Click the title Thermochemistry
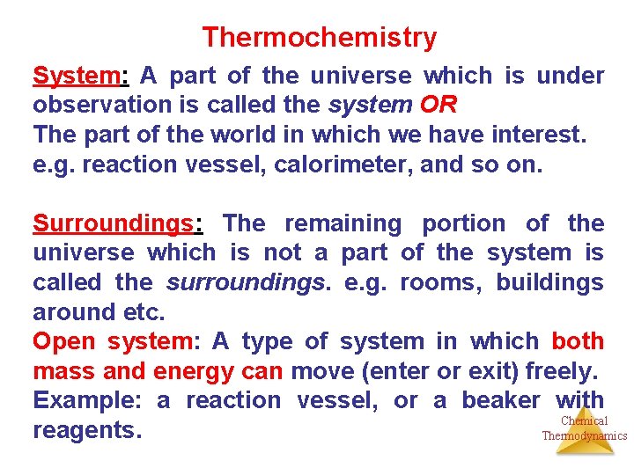[x=319, y=38]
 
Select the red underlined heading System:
[x=80, y=76]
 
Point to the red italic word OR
[x=439, y=106]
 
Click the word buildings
[x=549, y=282]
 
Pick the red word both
[x=578, y=341]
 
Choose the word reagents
[x=87, y=431]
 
